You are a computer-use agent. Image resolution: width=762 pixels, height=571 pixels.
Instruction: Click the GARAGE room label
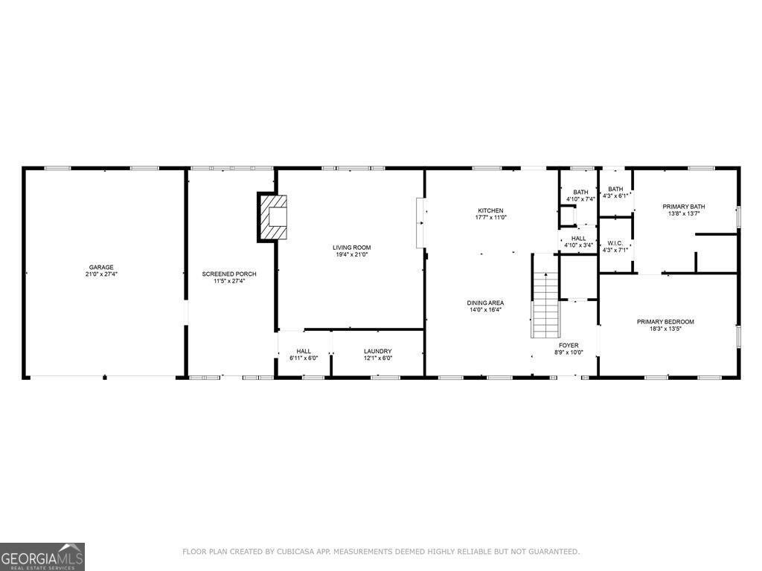(101, 267)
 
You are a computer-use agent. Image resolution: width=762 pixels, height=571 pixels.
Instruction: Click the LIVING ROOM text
(351, 248)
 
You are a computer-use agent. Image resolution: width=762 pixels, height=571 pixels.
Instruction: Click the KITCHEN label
(490, 210)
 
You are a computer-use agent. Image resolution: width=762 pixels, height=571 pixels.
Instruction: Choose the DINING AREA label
(485, 303)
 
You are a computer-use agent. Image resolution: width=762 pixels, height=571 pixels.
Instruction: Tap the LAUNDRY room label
(377, 352)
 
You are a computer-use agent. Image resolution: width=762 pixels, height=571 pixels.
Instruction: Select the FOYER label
(569, 345)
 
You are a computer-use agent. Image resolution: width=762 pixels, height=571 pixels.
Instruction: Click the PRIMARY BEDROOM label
(665, 322)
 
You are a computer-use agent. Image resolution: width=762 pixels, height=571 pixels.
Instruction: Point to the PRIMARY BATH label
(684, 207)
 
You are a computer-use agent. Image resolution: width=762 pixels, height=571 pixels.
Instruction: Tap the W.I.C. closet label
(615, 242)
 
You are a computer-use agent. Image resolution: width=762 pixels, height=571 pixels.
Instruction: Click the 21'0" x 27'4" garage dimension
(101, 274)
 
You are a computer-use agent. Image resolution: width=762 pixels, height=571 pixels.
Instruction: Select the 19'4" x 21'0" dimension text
(351, 254)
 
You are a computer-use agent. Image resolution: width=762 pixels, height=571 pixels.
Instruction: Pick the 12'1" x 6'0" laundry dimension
(377, 358)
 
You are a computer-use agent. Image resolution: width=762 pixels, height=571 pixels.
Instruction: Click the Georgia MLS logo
(42, 556)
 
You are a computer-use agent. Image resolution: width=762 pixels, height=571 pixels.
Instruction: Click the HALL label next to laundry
(304, 352)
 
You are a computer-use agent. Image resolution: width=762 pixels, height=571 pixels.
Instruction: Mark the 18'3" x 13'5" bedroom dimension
(665, 329)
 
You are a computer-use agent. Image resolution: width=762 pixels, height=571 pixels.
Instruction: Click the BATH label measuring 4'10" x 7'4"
(580, 193)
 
